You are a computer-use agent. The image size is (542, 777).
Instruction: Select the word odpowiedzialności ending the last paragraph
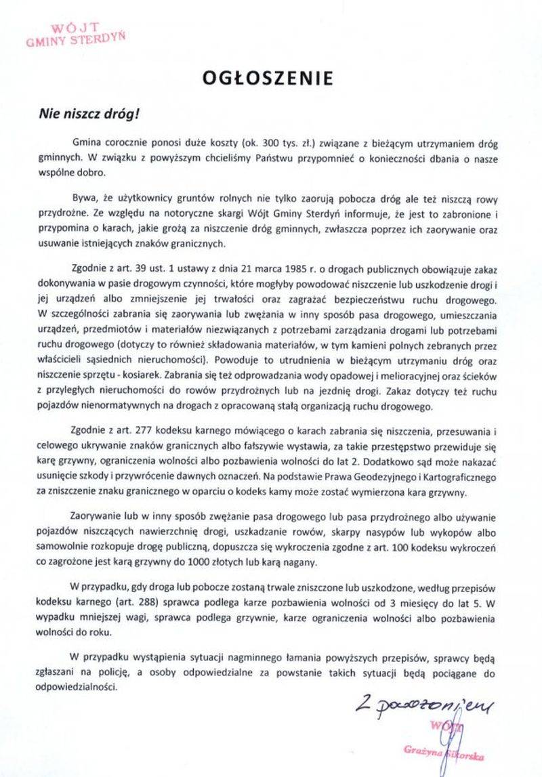click(x=78, y=684)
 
